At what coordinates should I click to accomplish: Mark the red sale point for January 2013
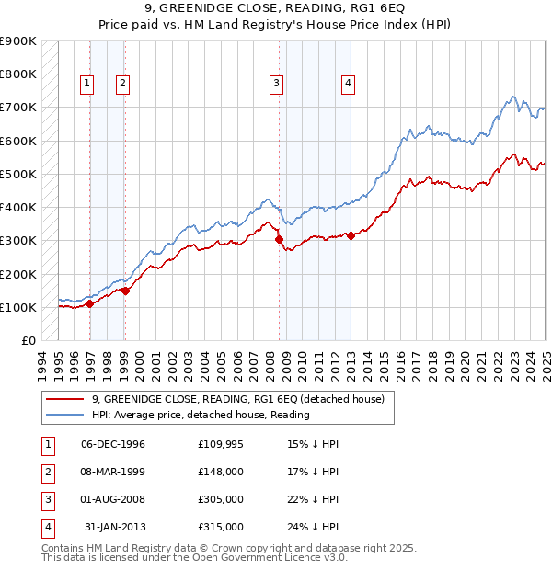tap(351, 236)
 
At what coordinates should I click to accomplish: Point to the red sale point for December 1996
tap(90, 303)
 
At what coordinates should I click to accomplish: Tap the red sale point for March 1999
tap(126, 291)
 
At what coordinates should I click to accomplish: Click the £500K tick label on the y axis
tap(18, 174)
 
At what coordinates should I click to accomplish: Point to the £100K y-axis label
tap(18, 307)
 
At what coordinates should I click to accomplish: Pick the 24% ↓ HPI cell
tap(313, 527)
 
